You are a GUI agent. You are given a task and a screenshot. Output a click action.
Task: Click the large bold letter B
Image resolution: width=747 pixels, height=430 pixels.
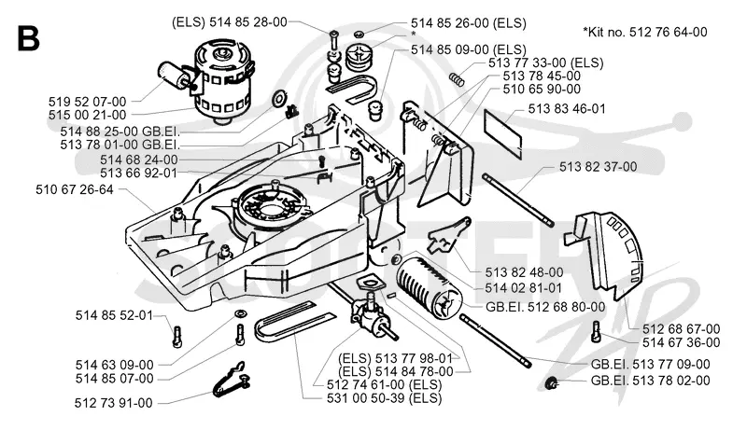coord(28,38)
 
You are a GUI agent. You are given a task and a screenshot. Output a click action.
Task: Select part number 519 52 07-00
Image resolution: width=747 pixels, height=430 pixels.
coord(87,102)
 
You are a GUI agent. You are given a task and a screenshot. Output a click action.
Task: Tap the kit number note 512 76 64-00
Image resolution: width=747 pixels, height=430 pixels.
coord(645,32)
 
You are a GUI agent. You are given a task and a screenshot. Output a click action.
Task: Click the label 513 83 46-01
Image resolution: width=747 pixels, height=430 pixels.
coord(567,109)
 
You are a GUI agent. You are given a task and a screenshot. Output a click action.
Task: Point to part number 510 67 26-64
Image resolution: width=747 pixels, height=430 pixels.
coord(75,189)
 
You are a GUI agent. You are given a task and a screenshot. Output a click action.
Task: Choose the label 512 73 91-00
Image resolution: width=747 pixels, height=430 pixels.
coord(113,403)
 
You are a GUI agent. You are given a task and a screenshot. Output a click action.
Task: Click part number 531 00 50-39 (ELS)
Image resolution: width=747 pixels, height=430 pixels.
coord(384,398)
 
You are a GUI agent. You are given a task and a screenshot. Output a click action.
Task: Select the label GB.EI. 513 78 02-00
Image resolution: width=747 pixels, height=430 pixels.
coord(650,381)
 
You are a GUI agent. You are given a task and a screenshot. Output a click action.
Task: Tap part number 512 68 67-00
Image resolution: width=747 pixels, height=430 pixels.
coord(682,329)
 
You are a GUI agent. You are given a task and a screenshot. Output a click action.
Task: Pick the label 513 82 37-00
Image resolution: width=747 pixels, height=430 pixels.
coord(598,167)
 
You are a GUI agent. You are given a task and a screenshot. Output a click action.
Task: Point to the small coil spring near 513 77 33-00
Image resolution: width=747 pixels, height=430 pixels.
coord(457,79)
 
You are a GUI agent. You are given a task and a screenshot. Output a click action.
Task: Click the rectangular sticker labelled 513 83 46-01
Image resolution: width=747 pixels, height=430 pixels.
coord(502,132)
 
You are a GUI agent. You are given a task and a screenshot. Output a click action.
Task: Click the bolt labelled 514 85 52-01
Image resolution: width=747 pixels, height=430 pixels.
coord(177,336)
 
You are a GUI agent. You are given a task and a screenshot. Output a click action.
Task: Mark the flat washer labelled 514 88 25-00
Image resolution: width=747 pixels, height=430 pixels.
coord(278,99)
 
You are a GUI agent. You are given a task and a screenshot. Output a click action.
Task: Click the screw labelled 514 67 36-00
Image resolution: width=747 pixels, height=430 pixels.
coord(596,331)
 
